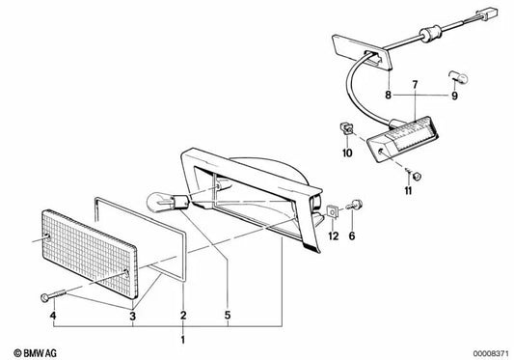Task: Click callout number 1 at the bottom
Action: pyautogui.click(x=183, y=340)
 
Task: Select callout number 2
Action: pyautogui.click(x=183, y=316)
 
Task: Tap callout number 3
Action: pyautogui.click(x=132, y=317)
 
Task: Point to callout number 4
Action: pyautogui.click(x=53, y=316)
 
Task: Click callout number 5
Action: pyautogui.click(x=228, y=316)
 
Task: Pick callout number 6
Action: pyautogui.click(x=352, y=235)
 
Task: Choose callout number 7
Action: pyautogui.click(x=415, y=85)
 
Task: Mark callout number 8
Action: pyautogui.click(x=388, y=96)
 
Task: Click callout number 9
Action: pyautogui.click(x=454, y=96)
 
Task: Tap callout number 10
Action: pyautogui.click(x=347, y=152)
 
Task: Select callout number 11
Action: pyautogui.click(x=408, y=190)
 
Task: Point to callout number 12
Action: pyautogui.click(x=334, y=235)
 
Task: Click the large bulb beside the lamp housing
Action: pyautogui.click(x=168, y=202)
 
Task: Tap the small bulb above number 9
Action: pyautogui.click(x=458, y=77)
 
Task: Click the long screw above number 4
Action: pyautogui.click(x=54, y=294)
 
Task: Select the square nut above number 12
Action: pyautogui.click(x=333, y=211)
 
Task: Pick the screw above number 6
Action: pyautogui.click(x=355, y=206)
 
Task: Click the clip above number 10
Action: pyautogui.click(x=345, y=128)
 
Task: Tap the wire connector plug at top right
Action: pyautogui.click(x=487, y=14)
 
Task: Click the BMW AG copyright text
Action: pyautogui.click(x=36, y=353)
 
